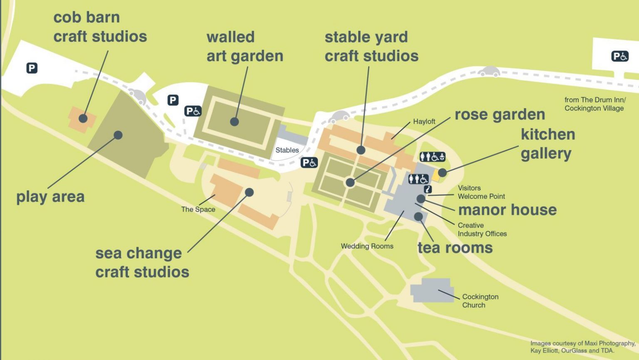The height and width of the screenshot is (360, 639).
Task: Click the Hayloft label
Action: click(424, 121)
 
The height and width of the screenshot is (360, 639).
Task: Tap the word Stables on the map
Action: click(287, 150)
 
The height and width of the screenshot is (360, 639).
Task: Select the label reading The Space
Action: click(198, 210)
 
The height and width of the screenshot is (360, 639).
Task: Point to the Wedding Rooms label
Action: click(367, 246)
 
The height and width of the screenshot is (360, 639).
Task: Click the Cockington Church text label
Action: click(480, 301)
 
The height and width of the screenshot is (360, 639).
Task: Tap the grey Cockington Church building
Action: click(432, 290)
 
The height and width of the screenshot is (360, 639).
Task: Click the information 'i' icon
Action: click(428, 190)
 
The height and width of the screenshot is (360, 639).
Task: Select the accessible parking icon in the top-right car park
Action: click(619, 56)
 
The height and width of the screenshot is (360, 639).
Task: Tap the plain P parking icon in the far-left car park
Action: click(32, 68)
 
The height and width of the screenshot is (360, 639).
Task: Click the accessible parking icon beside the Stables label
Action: click(309, 163)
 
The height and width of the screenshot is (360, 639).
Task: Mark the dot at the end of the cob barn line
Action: click(83, 118)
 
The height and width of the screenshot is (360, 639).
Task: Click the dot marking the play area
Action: click(118, 135)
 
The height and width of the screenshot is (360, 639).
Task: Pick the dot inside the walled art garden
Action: click(235, 121)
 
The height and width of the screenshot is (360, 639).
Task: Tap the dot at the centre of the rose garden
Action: click(350, 182)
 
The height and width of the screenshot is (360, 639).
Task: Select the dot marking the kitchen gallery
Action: click(442, 173)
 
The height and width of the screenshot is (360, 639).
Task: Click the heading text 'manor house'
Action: click(507, 210)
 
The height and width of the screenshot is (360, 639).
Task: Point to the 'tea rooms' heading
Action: click(455, 248)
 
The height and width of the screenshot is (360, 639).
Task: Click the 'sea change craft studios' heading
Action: click(142, 262)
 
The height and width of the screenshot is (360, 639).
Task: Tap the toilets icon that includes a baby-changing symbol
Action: click(432, 157)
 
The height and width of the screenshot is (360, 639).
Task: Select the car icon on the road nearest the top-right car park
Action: click(488, 72)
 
